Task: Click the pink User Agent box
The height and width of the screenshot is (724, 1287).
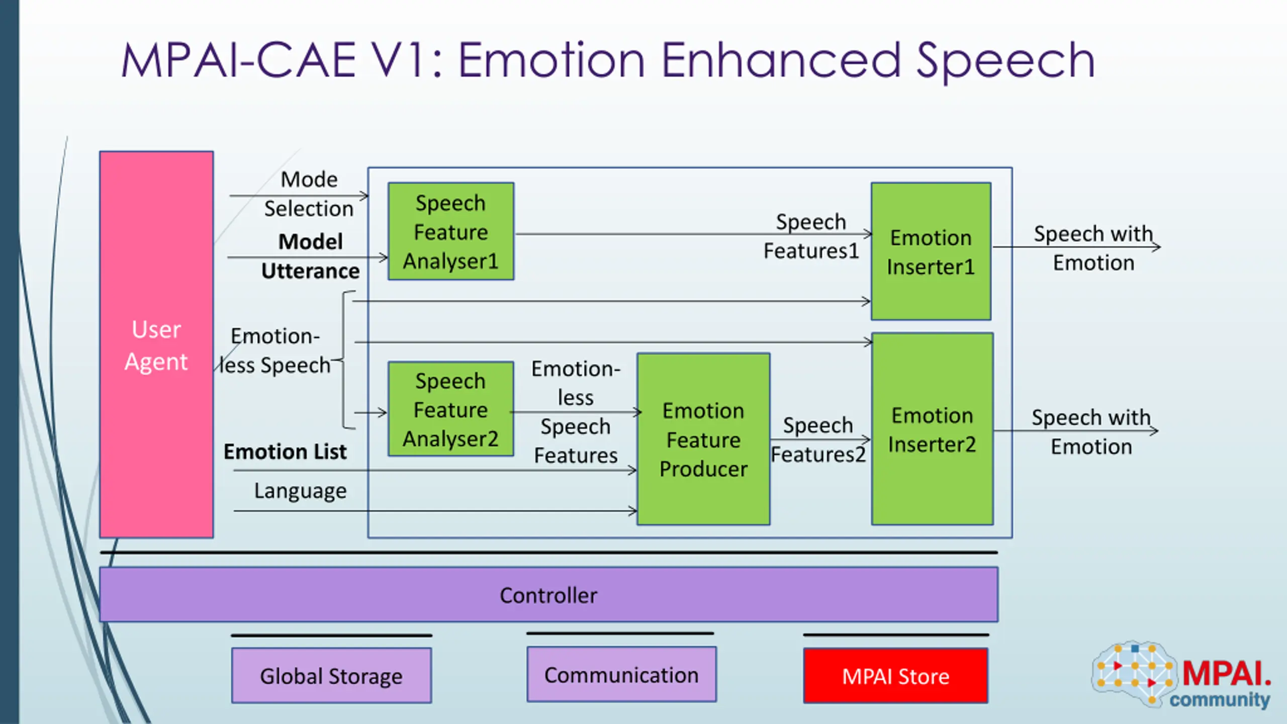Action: pos(156,345)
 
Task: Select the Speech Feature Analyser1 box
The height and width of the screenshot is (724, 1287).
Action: pos(451,232)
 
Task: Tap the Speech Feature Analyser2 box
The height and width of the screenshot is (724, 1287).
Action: pos(451,409)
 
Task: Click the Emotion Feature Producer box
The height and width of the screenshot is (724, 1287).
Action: pos(703,439)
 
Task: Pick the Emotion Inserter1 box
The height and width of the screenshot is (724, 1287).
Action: pos(931,251)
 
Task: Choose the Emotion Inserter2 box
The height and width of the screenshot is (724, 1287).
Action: pos(933,429)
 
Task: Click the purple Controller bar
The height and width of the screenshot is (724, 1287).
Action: pos(548,595)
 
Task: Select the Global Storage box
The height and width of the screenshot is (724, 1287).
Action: pos(331,676)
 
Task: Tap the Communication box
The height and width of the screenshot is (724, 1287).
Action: pos(621,675)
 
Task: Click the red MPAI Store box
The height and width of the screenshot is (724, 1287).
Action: pos(896,676)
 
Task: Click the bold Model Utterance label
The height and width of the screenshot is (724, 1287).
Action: pos(311,256)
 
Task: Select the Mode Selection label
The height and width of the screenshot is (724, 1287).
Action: pos(309,194)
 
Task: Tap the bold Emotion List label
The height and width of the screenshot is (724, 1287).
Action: pos(285,451)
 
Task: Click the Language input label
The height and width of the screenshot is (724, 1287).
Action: pos(300,491)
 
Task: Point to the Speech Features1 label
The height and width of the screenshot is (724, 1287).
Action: pos(811,236)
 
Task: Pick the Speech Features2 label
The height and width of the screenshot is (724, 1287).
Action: pos(818,440)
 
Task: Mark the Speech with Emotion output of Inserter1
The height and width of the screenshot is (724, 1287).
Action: pos(1093,248)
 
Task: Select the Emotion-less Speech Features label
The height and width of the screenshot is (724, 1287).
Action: pos(576,412)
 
